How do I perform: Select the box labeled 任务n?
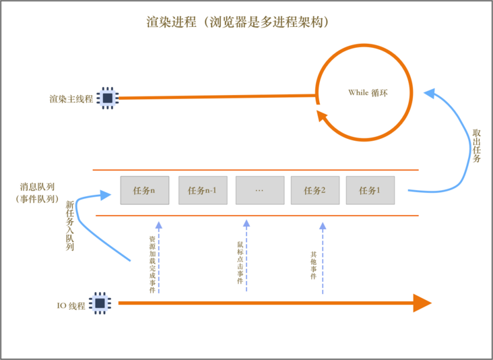pyautogui.click(x=144, y=190)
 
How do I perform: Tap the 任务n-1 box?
pyautogui.click(x=203, y=190)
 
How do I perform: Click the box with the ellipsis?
pyautogui.click(x=260, y=190)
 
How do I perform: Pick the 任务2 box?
pyautogui.click(x=315, y=190)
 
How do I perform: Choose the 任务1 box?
pyautogui.click(x=370, y=190)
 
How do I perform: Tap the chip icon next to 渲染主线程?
pyautogui.click(x=107, y=98)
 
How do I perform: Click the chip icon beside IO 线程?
pyautogui.click(x=100, y=304)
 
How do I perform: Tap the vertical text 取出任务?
pyautogui.click(x=476, y=145)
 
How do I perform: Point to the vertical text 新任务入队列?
pyautogui.click(x=69, y=226)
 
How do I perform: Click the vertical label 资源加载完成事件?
pyautogui.click(x=153, y=264)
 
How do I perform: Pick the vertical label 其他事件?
pyautogui.click(x=314, y=265)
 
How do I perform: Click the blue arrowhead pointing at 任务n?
pyautogui.click(x=104, y=195)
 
